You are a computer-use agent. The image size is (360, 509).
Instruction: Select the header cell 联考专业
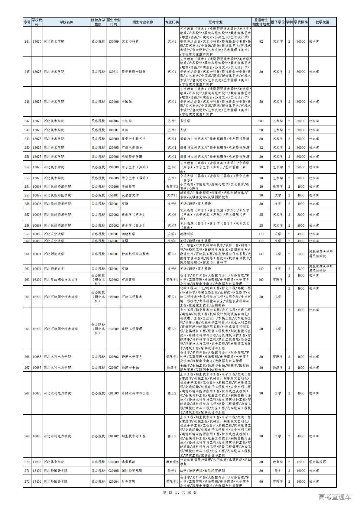[x=215, y=22]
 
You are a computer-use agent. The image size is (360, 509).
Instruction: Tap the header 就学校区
[x=322, y=22]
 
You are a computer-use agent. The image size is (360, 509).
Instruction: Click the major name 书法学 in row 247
[x=127, y=121]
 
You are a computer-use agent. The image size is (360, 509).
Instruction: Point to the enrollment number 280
[x=261, y=121]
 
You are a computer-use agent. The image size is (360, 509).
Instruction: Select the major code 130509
[x=113, y=41]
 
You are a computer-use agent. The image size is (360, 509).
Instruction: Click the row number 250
[x=27, y=148]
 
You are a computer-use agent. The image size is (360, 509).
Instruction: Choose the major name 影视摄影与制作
[x=134, y=72]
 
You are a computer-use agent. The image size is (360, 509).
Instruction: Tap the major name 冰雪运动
[x=128, y=462]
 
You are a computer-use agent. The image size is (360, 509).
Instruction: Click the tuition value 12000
[x=300, y=462]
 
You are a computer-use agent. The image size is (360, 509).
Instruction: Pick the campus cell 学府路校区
[x=317, y=462]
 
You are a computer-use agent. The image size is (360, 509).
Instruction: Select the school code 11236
[x=37, y=462]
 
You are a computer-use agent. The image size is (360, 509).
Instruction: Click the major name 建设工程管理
[x=132, y=329]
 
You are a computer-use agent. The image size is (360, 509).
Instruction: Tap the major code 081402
[x=113, y=436]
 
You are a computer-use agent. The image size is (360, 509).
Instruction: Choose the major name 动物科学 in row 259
[x=128, y=234]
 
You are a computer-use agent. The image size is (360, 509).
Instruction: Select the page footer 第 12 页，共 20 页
[x=180, y=492]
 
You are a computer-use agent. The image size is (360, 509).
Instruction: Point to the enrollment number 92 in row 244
[x=261, y=41]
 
